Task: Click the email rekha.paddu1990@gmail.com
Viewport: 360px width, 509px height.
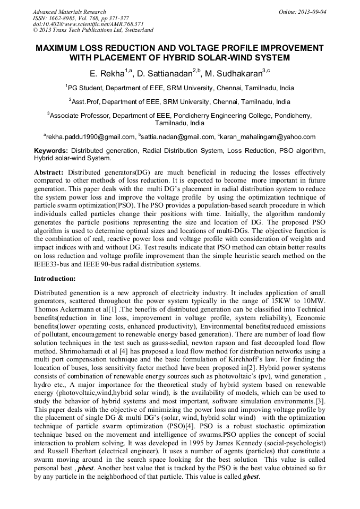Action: tap(90, 137)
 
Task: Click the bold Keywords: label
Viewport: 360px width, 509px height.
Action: tap(51, 151)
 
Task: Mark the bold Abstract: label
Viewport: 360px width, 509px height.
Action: tap(49, 172)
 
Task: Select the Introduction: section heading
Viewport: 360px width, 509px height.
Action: tap(55, 278)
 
